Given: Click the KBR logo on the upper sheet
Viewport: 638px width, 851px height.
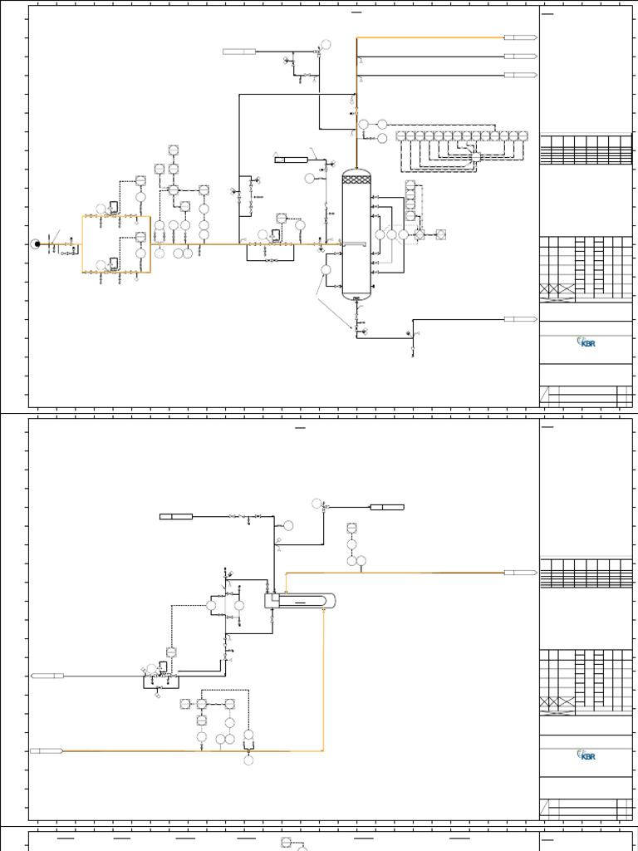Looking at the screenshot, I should pyautogui.click(x=586, y=342).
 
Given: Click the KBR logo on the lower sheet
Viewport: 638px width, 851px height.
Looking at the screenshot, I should pyautogui.click(x=586, y=755).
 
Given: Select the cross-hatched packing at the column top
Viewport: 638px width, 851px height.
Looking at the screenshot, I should pyautogui.click(x=356, y=179).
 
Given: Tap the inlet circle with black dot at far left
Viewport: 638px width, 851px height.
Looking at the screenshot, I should pyautogui.click(x=35, y=243).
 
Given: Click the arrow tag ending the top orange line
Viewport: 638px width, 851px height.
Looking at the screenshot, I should pyautogui.click(x=520, y=37).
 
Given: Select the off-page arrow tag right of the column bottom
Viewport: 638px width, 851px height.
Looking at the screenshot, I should pyautogui.click(x=520, y=319).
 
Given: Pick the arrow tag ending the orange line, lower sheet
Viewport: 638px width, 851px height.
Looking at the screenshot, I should pyautogui.click(x=520, y=573).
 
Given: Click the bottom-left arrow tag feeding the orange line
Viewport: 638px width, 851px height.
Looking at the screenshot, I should pyautogui.click(x=47, y=751).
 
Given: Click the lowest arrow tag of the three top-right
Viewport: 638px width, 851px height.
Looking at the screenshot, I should pyautogui.click(x=520, y=76).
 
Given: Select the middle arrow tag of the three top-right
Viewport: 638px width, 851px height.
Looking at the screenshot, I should pyautogui.click(x=520, y=57).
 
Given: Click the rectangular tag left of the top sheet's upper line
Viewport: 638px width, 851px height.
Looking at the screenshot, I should pyautogui.click(x=239, y=52).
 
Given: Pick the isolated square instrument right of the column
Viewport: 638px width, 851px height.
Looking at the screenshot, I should pyautogui.click(x=440, y=235).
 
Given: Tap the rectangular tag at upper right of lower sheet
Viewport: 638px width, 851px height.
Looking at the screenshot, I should pyautogui.click(x=387, y=507).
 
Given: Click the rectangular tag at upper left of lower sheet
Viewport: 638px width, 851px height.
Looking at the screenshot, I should pyautogui.click(x=176, y=517).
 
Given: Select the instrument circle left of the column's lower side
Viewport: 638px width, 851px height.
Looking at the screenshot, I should pyautogui.click(x=326, y=269).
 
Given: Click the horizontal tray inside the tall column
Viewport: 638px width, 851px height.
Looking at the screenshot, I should pyautogui.click(x=356, y=243).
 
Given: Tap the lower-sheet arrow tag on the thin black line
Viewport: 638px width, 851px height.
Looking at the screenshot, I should pyautogui.click(x=47, y=676).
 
